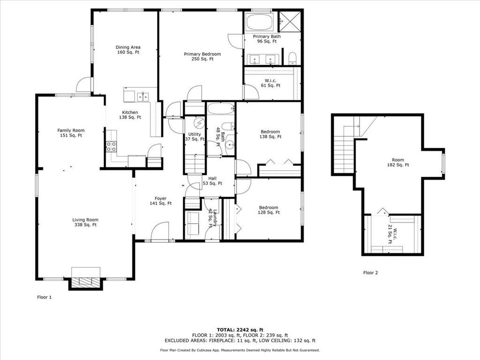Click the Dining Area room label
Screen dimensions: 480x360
pyautogui.click(x=128, y=50)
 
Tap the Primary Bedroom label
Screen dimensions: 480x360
pyautogui.click(x=202, y=56)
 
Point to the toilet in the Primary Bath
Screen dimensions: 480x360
pyautogui.click(x=292, y=59)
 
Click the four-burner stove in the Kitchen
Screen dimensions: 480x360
pyautogui.click(x=112, y=146)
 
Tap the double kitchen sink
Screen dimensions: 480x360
pyautogui.click(x=142, y=97)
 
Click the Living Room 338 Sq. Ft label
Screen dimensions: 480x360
pyautogui.click(x=85, y=222)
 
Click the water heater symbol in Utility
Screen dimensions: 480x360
pyautogui.click(x=199, y=123)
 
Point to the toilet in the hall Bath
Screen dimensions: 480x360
pyautogui.click(x=228, y=127)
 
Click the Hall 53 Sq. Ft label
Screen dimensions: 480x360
pyautogui.click(x=212, y=181)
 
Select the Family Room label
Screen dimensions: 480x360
pyautogui.click(x=71, y=133)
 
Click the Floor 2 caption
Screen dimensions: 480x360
pyautogui.click(x=370, y=273)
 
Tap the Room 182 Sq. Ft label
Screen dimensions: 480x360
pyautogui.click(x=398, y=162)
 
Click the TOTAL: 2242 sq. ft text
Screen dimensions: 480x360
pyautogui.click(x=240, y=330)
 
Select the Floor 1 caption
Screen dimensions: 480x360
pyautogui.click(x=45, y=297)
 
